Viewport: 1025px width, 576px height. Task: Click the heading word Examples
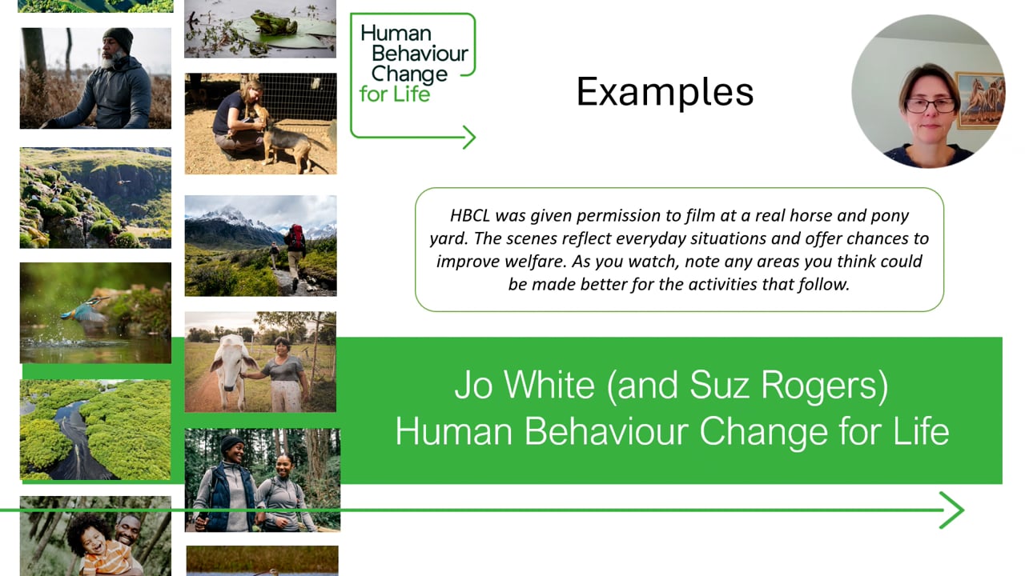665,91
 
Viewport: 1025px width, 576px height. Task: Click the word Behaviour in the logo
413,55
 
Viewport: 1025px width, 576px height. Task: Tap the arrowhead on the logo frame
468,138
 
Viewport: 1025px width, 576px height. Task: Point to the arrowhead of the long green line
952,510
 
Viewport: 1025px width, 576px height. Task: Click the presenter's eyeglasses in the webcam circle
931,105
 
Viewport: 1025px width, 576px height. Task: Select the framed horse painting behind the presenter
979,99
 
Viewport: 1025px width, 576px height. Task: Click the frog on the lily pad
271,22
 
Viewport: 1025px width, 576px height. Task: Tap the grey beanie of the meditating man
119,38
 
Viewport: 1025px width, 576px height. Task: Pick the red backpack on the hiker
296,235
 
